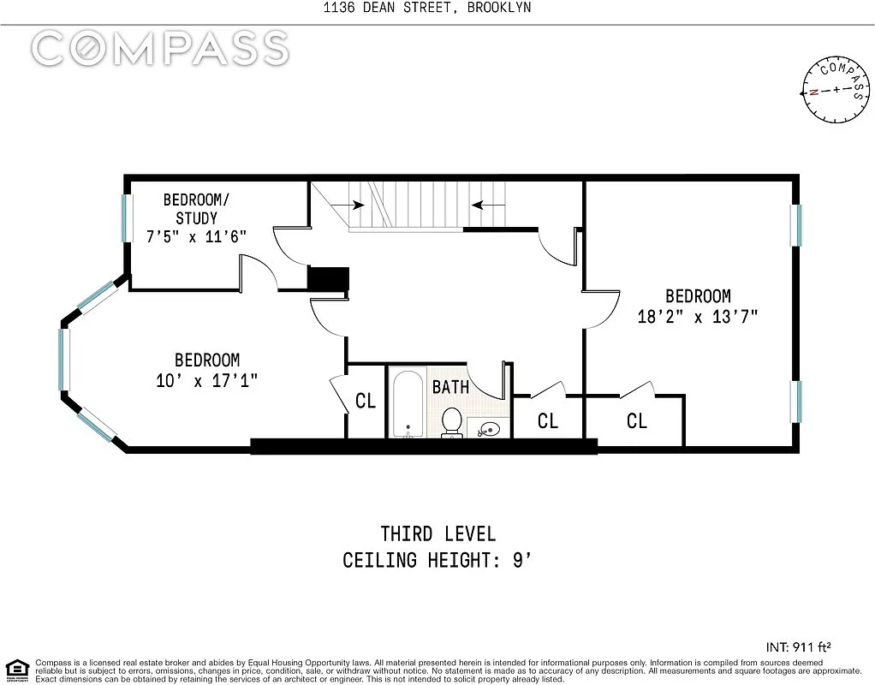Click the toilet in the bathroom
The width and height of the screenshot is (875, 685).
tap(451, 422)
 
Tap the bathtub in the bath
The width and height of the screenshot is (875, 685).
tap(408, 403)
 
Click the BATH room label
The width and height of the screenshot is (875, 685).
tap(451, 386)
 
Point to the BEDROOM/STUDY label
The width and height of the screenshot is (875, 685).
tap(196, 209)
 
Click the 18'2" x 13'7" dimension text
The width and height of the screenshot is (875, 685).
tap(698, 317)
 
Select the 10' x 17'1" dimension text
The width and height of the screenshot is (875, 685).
tap(207, 381)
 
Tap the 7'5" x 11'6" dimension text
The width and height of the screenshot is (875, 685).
tap(196, 236)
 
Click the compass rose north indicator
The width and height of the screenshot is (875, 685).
tap(814, 92)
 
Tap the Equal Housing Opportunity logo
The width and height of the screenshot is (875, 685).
tap(17, 670)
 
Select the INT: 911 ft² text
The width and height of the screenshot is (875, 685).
tap(799, 647)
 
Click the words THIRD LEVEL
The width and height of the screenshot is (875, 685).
tap(438, 534)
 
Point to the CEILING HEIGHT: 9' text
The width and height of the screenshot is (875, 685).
tap(437, 560)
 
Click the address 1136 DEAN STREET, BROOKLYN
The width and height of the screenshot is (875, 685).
tap(427, 7)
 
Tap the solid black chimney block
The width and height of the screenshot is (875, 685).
tap(329, 279)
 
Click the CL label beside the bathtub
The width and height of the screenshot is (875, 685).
tap(366, 401)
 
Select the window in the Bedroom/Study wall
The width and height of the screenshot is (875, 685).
tap(128, 217)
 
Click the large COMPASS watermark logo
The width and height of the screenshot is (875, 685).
tap(160, 47)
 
